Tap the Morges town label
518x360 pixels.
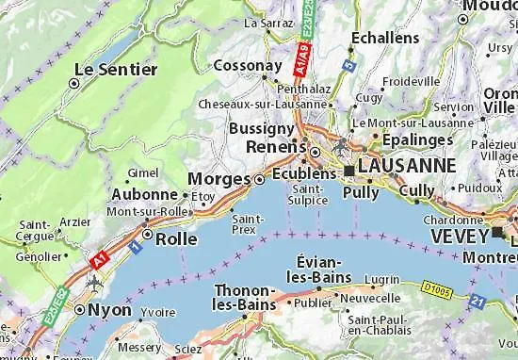tap(219, 179)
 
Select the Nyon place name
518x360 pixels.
tap(108, 308)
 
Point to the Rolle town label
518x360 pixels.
tap(176, 238)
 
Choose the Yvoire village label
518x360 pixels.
tap(158, 310)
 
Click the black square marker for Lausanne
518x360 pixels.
tap(348, 171)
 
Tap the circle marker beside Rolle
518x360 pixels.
tap(148, 236)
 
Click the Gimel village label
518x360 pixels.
tap(143, 172)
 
